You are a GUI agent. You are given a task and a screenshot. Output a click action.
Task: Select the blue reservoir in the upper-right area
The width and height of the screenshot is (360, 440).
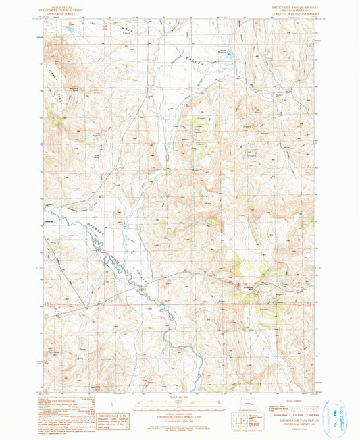(x=228, y=53)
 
